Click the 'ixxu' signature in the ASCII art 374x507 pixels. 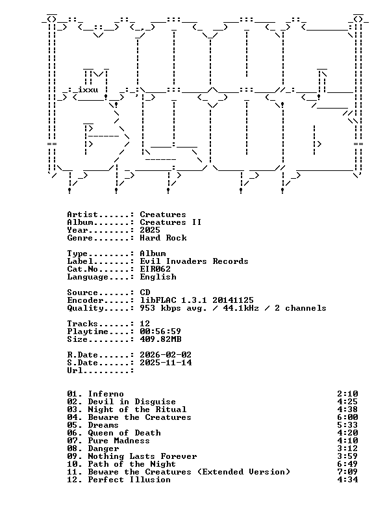(x=88, y=90)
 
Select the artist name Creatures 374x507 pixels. (x=163, y=214)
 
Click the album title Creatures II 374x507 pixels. (x=171, y=222)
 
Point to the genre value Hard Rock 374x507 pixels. (x=163, y=238)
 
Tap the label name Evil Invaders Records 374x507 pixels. (x=194, y=261)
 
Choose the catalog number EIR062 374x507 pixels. (x=155, y=269)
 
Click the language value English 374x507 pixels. (x=158, y=277)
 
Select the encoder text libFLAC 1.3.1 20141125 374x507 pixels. (x=197, y=300)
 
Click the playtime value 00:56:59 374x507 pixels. (x=160, y=331)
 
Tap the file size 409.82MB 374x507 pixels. (x=160, y=339)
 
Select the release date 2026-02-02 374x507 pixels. (x=166, y=355)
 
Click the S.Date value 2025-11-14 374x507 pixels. (x=166, y=363)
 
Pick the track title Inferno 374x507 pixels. (x=106, y=394)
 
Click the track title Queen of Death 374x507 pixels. (x=125, y=433)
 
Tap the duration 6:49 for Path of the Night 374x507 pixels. (x=347, y=464)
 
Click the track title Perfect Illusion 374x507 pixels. (x=129, y=480)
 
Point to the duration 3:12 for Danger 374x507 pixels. (x=347, y=448)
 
